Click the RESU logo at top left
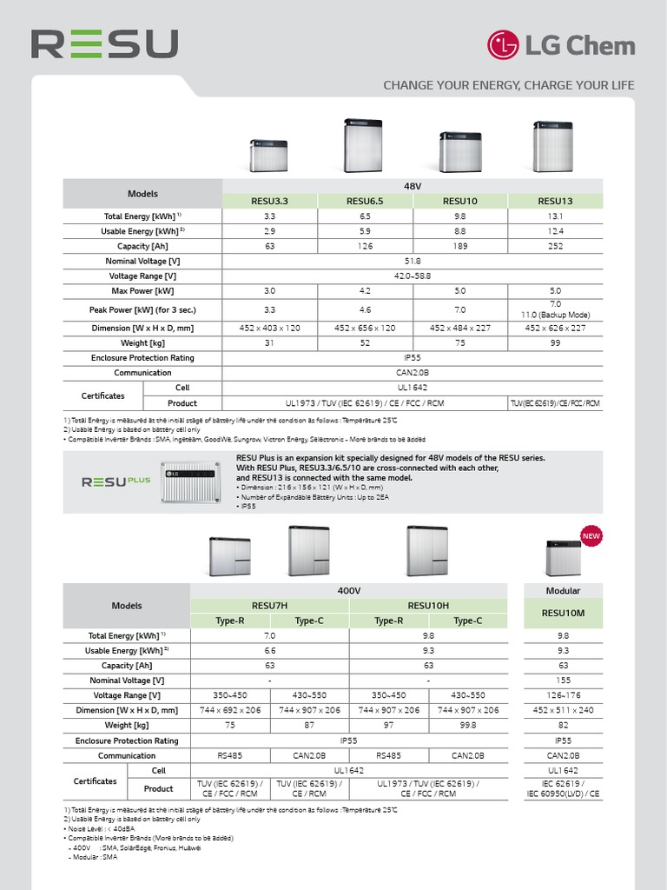(104, 44)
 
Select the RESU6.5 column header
(366, 201)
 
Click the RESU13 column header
(556, 201)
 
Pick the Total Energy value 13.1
(556, 216)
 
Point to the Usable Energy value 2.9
(270, 231)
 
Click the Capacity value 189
(460, 246)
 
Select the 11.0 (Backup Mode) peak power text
(556, 314)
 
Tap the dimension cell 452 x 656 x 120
(366, 328)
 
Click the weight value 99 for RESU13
(556, 342)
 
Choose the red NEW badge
(591, 535)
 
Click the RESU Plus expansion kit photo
(191, 482)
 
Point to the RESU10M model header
(563, 613)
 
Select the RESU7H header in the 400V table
(269, 606)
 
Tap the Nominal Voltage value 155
(563, 681)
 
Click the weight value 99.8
(468, 725)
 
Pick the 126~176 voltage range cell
(563, 695)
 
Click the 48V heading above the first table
(413, 186)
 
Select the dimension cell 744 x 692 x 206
(230, 710)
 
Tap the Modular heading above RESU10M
(563, 590)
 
